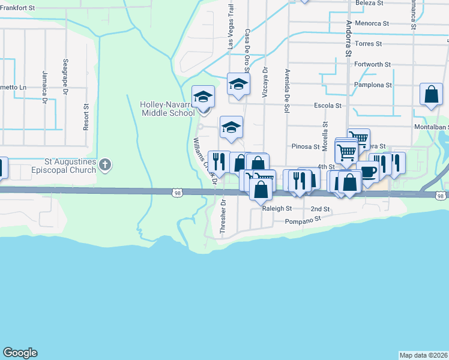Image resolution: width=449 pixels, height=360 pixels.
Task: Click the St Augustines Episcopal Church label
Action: pyautogui.click(x=71, y=166)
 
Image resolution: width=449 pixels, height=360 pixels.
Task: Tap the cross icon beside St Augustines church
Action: pyautogui.click(x=106, y=165)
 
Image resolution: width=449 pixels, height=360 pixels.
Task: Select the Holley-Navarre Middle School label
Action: pyautogui.click(x=167, y=109)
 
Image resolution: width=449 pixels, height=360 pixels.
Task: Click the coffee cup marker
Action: pyautogui.click(x=367, y=171)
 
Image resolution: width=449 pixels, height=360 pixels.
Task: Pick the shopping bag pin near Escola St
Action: pyautogui.click(x=431, y=94)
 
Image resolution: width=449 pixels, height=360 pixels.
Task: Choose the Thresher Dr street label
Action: pyautogui.click(x=223, y=217)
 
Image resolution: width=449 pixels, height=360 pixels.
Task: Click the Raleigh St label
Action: pyautogui.click(x=277, y=209)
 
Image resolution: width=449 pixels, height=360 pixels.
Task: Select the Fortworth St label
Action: pyautogui.click(x=372, y=64)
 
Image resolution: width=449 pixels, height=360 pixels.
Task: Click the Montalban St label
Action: pyautogui.click(x=432, y=127)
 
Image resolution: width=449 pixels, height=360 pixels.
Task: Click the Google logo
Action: pyautogui.click(x=20, y=353)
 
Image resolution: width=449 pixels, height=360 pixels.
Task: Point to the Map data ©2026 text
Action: pyautogui.click(x=424, y=355)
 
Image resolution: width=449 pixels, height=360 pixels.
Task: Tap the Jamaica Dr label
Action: pyautogui.click(x=44, y=87)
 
